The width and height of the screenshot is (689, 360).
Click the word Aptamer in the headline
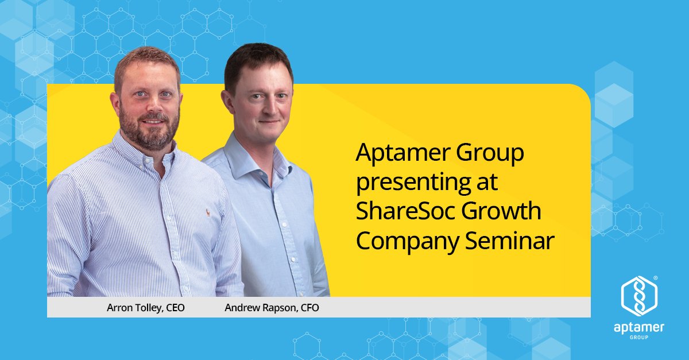click(405, 154)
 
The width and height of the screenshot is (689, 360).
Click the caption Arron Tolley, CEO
click(146, 308)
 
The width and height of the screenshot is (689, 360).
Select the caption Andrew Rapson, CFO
click(272, 308)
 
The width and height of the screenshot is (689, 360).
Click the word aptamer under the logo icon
click(639, 328)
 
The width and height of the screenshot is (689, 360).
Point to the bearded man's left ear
click(114, 102)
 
